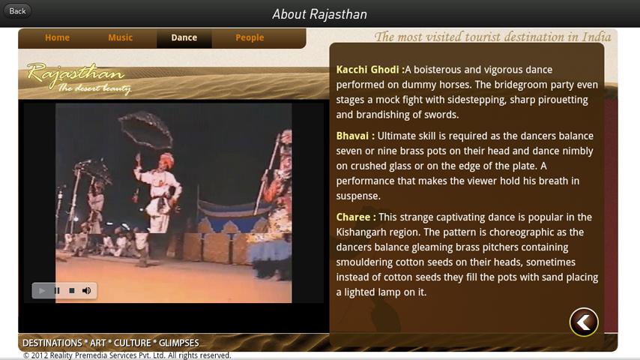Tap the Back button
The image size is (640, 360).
[x=17, y=11]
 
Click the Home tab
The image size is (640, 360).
[x=57, y=37]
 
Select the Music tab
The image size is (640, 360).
[x=121, y=37]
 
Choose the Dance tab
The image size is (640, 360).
[x=184, y=38]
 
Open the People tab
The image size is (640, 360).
[x=250, y=37]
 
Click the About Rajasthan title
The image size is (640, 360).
[x=319, y=14]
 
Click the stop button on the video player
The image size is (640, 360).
[x=72, y=290]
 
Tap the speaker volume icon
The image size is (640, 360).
[x=86, y=290]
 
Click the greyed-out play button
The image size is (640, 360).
[x=42, y=290]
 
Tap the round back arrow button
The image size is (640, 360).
[x=584, y=322]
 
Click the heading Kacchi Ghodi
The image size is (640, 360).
[x=367, y=70]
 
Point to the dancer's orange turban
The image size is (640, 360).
[x=166, y=160]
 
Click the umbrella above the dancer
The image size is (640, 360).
[x=145, y=130]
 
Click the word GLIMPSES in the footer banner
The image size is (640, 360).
[x=179, y=343]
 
